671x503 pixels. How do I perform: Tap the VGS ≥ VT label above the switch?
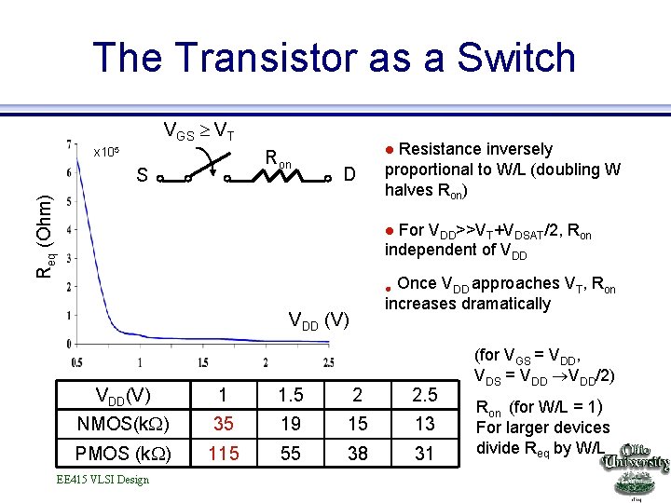(x=199, y=131)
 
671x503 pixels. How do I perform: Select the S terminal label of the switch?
(x=141, y=174)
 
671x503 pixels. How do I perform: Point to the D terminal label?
(x=349, y=174)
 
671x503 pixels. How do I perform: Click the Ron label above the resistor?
(x=278, y=160)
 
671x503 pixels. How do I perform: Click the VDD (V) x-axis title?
(x=319, y=321)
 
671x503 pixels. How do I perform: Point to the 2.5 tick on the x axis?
(x=327, y=361)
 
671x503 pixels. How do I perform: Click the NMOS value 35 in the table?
(x=224, y=424)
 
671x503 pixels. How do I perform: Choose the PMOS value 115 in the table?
(x=224, y=453)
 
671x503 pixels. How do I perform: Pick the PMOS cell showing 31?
(x=425, y=453)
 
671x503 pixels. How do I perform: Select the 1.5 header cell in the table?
(x=291, y=395)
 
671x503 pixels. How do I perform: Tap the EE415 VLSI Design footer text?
(x=103, y=480)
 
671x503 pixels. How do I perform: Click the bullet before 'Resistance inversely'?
(x=390, y=150)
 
